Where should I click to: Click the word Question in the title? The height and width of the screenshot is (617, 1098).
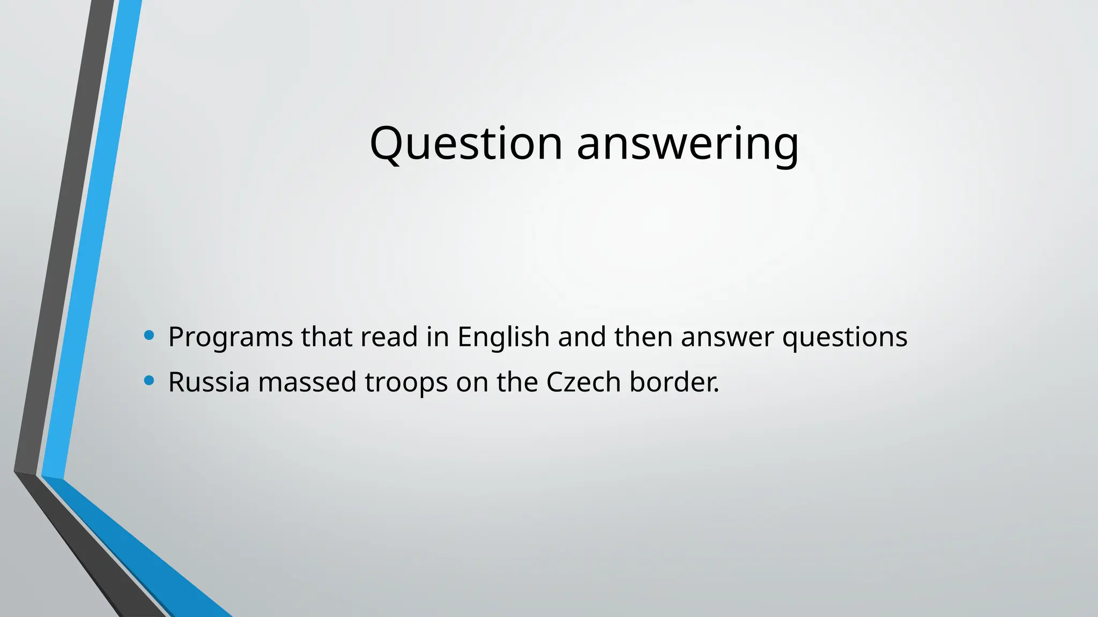click(x=466, y=143)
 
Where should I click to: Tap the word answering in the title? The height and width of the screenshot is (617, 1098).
click(x=688, y=145)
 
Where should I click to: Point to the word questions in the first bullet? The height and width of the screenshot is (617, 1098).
click(x=845, y=337)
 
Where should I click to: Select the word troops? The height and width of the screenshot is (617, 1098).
click(x=406, y=383)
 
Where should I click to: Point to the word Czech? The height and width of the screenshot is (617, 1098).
click(x=583, y=382)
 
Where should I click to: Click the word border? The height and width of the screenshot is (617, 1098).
click(x=674, y=382)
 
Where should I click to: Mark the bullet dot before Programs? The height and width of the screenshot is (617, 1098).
click(x=149, y=336)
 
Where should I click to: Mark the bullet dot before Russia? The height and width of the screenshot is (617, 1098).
click(x=149, y=381)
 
